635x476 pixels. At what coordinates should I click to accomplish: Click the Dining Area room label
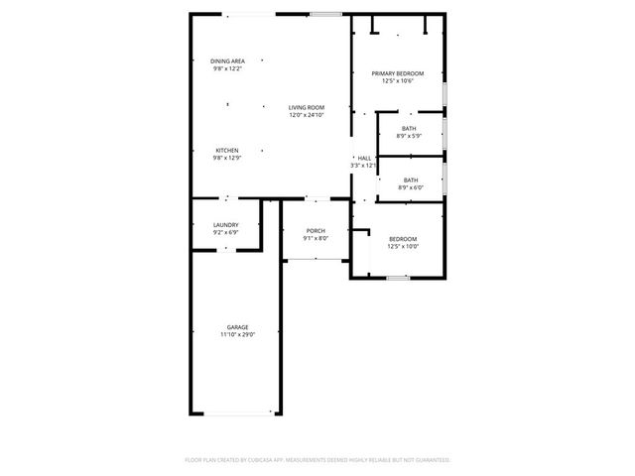pyautogui.click(x=227, y=61)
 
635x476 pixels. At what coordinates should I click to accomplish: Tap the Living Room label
pyautogui.click(x=307, y=107)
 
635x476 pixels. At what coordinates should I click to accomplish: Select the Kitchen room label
pyautogui.click(x=227, y=150)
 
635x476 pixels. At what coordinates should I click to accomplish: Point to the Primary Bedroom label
pyautogui.click(x=397, y=73)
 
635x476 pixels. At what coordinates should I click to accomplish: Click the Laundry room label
pyautogui.click(x=226, y=225)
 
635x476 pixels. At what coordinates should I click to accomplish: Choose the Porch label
pyautogui.click(x=316, y=231)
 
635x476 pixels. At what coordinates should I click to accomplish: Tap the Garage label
pyautogui.click(x=237, y=327)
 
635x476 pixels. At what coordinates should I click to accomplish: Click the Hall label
pyautogui.click(x=364, y=158)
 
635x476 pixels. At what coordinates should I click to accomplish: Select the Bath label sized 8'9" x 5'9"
pyautogui.click(x=409, y=128)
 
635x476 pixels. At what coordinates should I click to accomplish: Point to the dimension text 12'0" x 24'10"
pyautogui.click(x=307, y=115)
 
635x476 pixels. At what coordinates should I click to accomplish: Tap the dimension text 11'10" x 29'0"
pyautogui.click(x=237, y=335)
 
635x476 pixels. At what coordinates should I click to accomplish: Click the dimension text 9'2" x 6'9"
pyautogui.click(x=226, y=233)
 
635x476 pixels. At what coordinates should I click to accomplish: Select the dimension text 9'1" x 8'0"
pyautogui.click(x=316, y=239)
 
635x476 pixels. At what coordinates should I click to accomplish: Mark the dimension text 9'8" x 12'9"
pyautogui.click(x=227, y=158)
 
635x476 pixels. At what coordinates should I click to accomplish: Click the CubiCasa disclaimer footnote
pyautogui.click(x=317, y=460)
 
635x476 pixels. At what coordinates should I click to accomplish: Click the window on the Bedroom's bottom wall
pyautogui.click(x=397, y=278)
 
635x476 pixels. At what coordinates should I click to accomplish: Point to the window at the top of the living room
pyautogui.click(x=324, y=14)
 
